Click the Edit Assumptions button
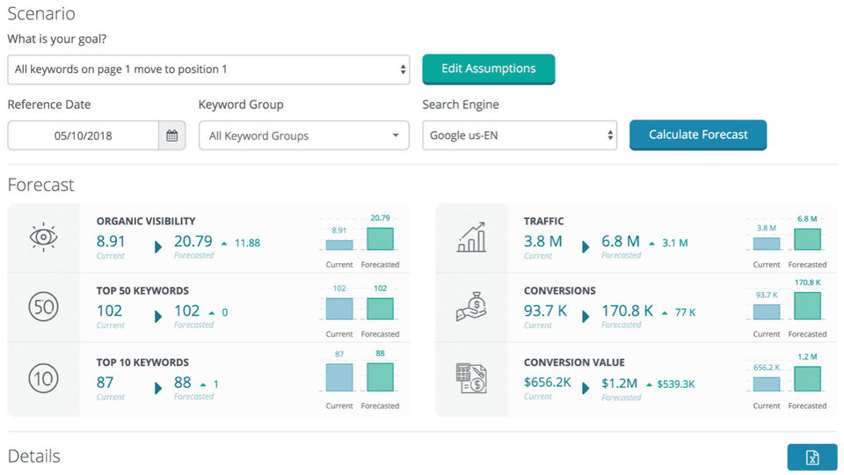(488, 69)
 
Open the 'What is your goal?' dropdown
(208, 69)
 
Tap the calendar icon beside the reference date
(172, 135)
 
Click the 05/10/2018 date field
(84, 135)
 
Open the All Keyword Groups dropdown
(303, 135)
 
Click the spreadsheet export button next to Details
(812, 457)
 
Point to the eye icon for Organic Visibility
(43, 237)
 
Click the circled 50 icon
(43, 307)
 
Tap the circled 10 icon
(43, 378)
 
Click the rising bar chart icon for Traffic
(471, 237)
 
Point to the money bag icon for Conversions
(471, 307)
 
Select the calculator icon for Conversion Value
(471, 378)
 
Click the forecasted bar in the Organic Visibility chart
(380, 239)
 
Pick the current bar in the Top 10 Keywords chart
(339, 376)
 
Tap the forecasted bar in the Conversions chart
(807, 305)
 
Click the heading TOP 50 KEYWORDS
(142, 290)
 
